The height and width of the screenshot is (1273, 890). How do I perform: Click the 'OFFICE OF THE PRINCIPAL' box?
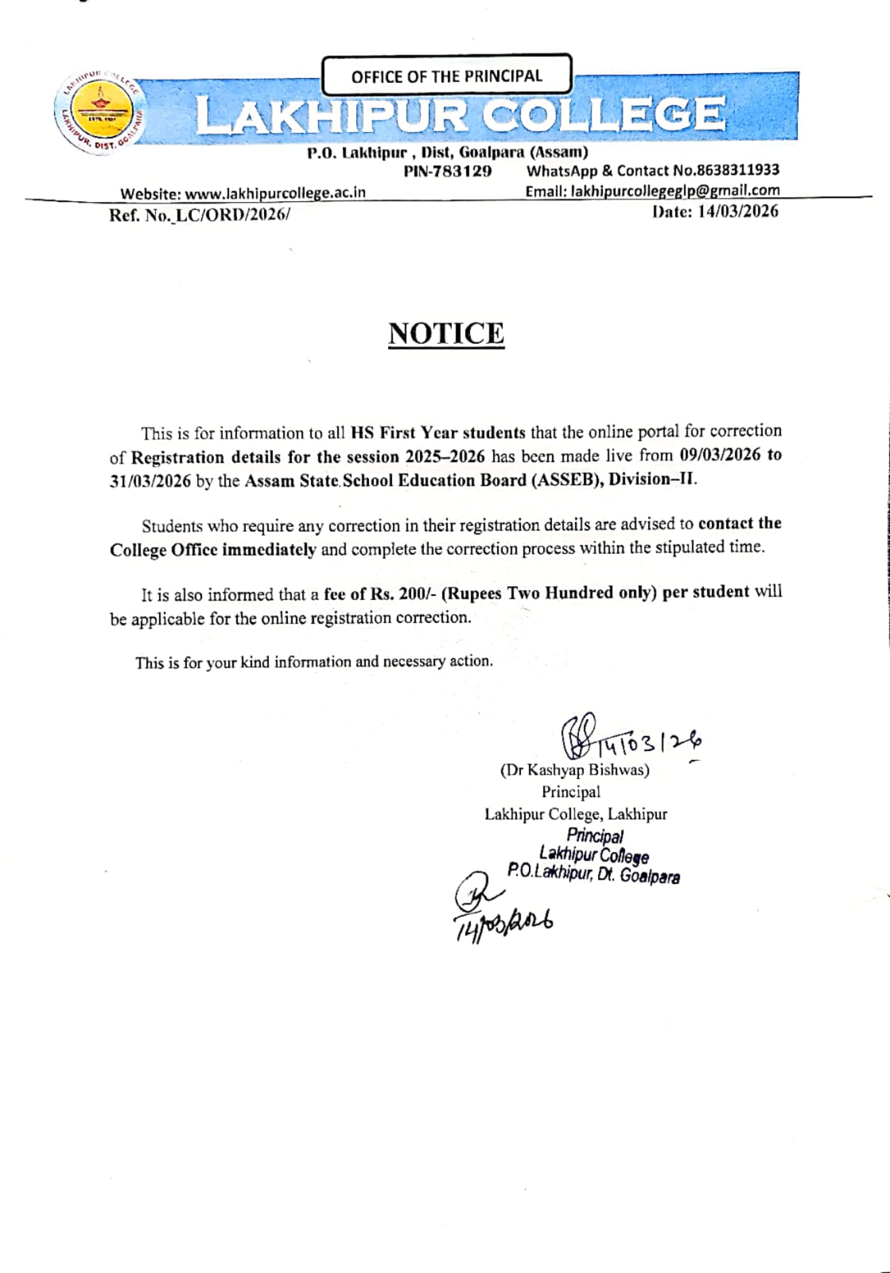pyautogui.click(x=446, y=76)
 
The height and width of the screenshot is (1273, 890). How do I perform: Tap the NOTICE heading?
pyautogui.click(x=446, y=333)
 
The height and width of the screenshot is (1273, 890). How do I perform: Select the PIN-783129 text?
pyautogui.click(x=448, y=171)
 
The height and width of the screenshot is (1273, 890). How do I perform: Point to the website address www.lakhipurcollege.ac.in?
pyautogui.click(x=275, y=193)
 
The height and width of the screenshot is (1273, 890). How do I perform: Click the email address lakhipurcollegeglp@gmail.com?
pyautogui.click(x=675, y=190)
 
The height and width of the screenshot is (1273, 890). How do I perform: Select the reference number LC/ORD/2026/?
pyautogui.click(x=232, y=214)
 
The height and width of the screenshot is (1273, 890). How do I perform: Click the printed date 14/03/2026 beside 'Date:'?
pyautogui.click(x=737, y=211)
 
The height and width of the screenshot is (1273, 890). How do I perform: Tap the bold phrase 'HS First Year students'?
pyautogui.click(x=437, y=433)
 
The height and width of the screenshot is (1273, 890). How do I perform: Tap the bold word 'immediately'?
pyautogui.click(x=269, y=549)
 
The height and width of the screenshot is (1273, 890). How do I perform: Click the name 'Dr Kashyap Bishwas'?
pyautogui.click(x=574, y=770)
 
